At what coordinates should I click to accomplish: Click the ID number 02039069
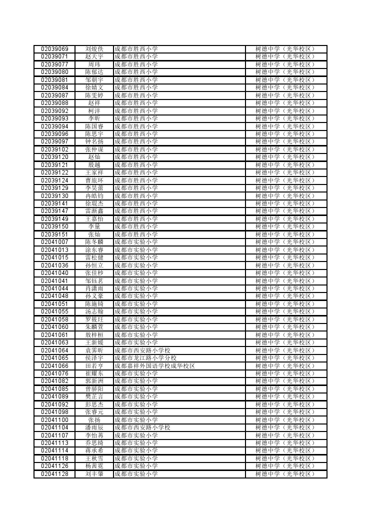click(x=54, y=49)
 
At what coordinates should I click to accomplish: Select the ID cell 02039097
click(x=54, y=141)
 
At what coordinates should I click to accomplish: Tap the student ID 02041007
click(x=54, y=242)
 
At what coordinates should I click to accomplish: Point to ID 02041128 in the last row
click(x=54, y=474)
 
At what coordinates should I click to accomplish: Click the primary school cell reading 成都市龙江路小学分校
click(x=145, y=358)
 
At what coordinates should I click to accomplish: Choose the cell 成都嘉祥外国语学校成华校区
click(x=154, y=366)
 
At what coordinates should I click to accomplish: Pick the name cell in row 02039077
click(x=94, y=64)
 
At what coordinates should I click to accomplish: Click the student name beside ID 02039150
click(x=94, y=226)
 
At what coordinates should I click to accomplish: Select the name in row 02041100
click(x=94, y=420)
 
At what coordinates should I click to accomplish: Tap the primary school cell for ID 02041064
click(x=142, y=350)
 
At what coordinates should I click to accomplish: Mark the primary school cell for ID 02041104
click(x=142, y=427)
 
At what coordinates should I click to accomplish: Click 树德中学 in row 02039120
click(x=285, y=157)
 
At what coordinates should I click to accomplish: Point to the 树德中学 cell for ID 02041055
click(x=285, y=311)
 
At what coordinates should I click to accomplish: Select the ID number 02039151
click(x=54, y=234)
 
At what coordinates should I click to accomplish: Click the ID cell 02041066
click(x=54, y=366)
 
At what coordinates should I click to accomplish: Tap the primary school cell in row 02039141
click(x=136, y=203)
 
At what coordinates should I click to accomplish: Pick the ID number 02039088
click(x=54, y=103)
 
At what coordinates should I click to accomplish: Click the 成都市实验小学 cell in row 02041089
click(x=136, y=396)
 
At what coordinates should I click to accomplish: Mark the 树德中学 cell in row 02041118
click(x=285, y=458)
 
